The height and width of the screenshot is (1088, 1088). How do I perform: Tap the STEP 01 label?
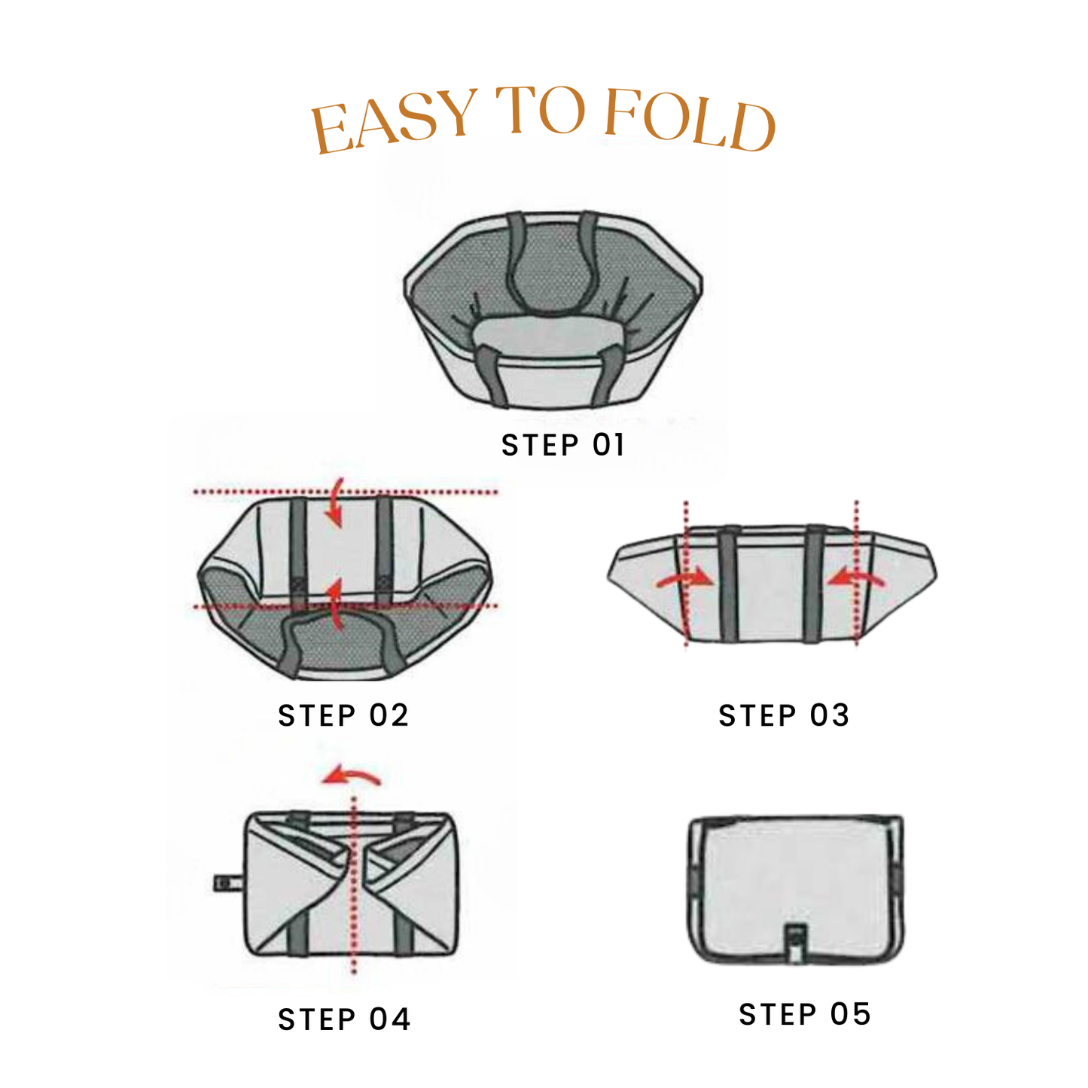[x=563, y=445]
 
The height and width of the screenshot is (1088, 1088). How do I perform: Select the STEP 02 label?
[x=343, y=715]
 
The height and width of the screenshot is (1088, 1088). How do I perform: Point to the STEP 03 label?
[x=784, y=715]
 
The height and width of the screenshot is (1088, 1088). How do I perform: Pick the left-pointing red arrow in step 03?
[x=856, y=578]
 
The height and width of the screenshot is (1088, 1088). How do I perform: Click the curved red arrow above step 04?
[x=351, y=776]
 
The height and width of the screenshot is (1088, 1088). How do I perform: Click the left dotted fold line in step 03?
[x=685, y=573]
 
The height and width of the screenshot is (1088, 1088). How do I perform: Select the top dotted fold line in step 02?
[x=346, y=492]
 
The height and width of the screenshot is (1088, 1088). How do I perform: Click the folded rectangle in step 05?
[x=795, y=889]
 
